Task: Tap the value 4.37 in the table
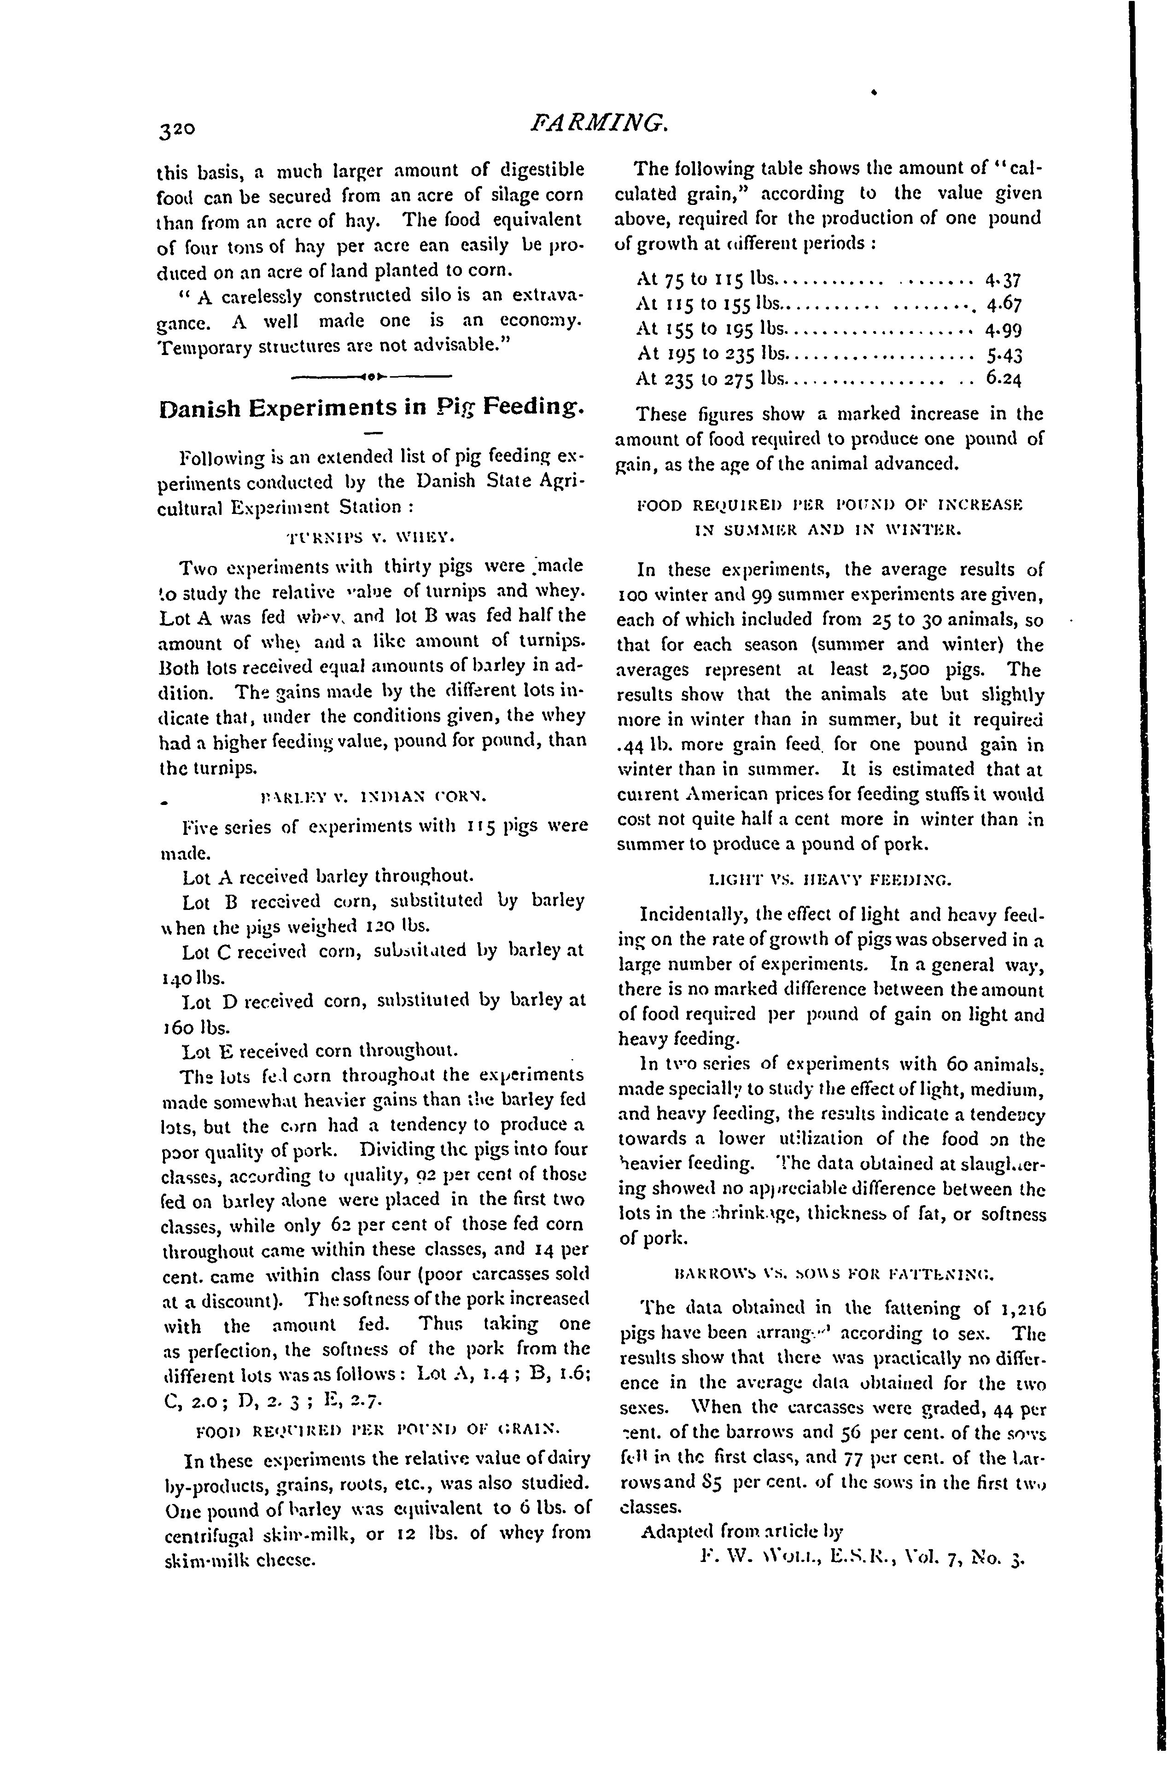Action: (x=1003, y=281)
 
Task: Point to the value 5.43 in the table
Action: (x=1003, y=355)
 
